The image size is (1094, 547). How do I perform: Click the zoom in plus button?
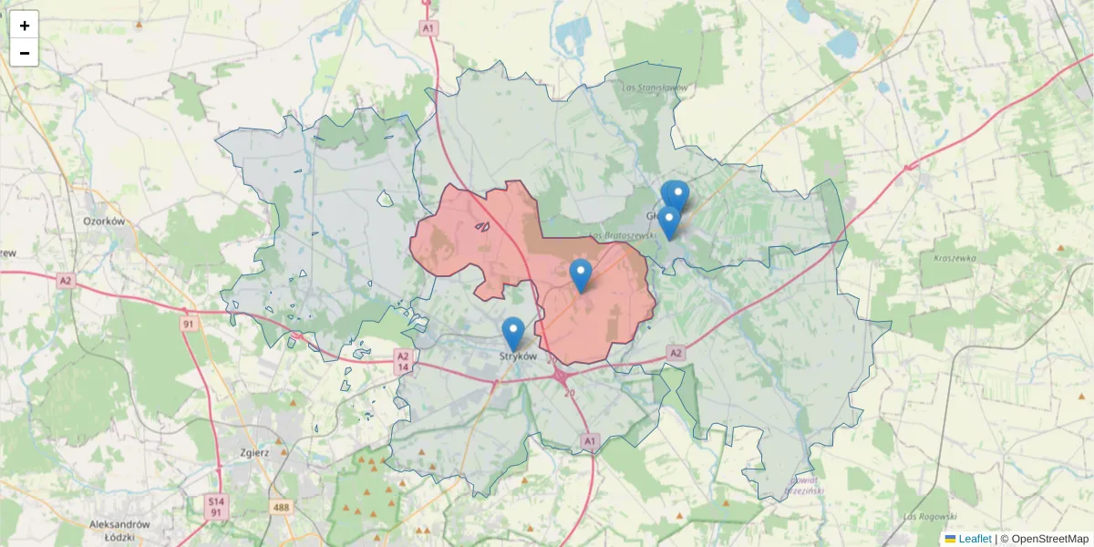click(25, 26)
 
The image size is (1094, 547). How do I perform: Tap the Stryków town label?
click(518, 356)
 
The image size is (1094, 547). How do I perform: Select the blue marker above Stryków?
click(513, 334)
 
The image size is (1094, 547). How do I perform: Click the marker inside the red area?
click(581, 275)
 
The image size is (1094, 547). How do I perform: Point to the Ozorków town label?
click(103, 221)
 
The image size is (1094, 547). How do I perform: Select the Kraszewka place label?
click(955, 258)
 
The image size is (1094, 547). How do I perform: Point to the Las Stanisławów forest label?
click(653, 88)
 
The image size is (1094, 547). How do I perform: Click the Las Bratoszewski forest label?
click(624, 235)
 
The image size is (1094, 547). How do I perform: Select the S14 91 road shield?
click(215, 507)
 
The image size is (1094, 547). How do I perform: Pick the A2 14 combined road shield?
click(403, 361)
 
